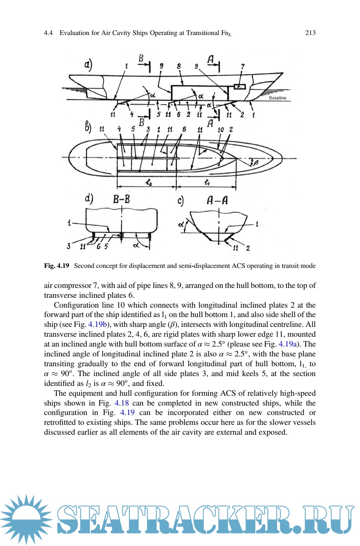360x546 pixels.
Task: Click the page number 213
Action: click(x=310, y=33)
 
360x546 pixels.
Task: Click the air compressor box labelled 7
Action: click(x=239, y=86)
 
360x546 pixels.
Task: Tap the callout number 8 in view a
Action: click(x=179, y=66)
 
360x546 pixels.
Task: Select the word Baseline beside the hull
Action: click(x=277, y=98)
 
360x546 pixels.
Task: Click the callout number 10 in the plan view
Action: click(x=221, y=129)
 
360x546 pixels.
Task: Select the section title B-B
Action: click(x=122, y=199)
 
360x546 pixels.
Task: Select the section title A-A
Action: click(x=217, y=200)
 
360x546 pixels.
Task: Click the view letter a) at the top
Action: click(x=88, y=64)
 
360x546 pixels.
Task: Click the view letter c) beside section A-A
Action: click(x=181, y=201)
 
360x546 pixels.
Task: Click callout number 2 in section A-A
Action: click(x=248, y=248)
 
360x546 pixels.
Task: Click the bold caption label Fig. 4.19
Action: click(x=56, y=266)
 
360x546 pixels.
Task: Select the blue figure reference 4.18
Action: click(x=122, y=403)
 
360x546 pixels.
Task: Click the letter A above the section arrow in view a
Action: click(x=210, y=59)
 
